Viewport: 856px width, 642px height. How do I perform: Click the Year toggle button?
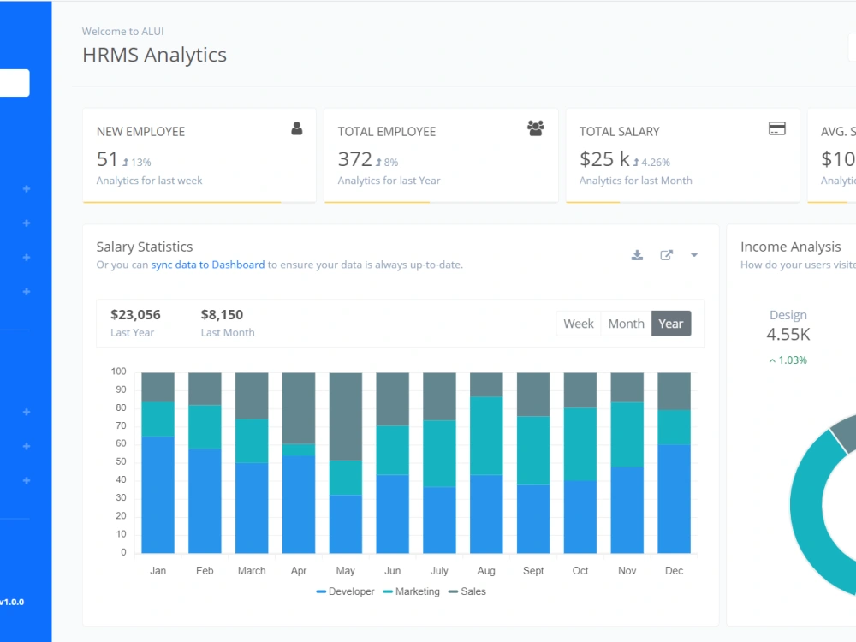coord(671,324)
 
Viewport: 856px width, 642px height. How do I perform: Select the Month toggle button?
coord(627,324)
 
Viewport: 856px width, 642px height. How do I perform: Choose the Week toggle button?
coord(579,324)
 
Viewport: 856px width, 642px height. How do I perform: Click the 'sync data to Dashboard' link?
coord(207,265)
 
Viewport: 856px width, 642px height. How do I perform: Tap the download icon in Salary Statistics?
coord(637,255)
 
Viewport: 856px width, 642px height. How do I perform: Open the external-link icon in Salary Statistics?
coord(666,255)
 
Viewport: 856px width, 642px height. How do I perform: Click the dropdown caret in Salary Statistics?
coord(694,255)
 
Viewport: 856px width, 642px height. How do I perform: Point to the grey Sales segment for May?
coord(346,417)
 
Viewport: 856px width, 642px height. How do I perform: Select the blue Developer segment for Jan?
coord(158,495)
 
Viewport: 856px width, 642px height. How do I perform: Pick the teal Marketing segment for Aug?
coord(486,436)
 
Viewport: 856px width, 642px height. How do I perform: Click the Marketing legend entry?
coord(412,591)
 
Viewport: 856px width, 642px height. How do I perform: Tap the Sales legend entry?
coord(467,591)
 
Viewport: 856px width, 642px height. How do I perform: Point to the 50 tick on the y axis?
coord(121,462)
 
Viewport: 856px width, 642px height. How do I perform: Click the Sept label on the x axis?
coord(533,570)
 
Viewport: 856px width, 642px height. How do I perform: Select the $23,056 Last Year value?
coord(135,315)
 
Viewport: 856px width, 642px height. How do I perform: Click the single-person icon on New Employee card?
coord(297,128)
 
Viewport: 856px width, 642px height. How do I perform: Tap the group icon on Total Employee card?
coord(536,128)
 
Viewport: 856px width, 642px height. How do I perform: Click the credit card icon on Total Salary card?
coord(777,128)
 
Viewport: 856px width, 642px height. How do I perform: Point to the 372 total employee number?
coord(355,159)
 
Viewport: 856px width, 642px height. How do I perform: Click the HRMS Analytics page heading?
coord(154,55)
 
